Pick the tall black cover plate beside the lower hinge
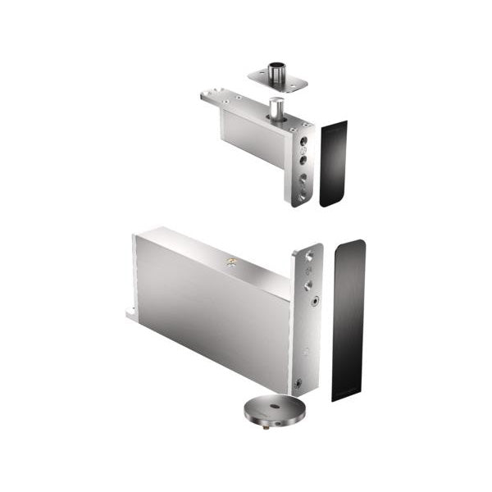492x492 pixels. click(348, 320)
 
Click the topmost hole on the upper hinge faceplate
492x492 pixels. click(303, 140)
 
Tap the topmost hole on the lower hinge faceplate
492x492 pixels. click(308, 256)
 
